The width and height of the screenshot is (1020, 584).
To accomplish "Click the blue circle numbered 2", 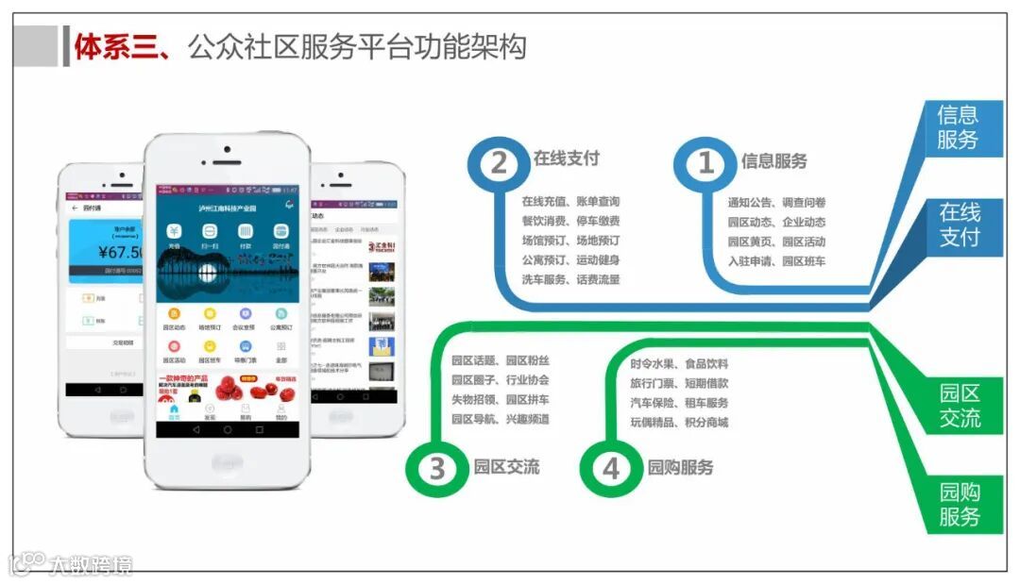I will coord(498,163).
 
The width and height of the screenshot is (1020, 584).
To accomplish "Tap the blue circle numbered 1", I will coord(705,163).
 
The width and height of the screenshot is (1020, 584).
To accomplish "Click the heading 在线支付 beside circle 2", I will coord(567,158).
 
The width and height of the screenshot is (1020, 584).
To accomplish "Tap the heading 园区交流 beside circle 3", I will coord(506,466).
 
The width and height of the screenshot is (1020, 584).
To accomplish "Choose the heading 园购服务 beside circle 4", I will coord(681,467).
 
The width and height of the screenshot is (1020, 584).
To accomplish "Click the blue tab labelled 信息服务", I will coord(957,127).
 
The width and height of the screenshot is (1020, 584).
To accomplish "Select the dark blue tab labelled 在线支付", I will coord(959,225).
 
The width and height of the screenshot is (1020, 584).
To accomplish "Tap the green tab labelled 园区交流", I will coord(960,406).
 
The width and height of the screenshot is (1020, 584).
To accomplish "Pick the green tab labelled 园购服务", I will coord(960,504).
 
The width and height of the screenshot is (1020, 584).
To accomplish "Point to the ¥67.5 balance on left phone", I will coord(121,252).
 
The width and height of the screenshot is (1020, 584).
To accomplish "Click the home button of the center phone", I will coord(227,462).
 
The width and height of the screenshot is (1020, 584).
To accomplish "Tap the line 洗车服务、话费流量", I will coord(570,279).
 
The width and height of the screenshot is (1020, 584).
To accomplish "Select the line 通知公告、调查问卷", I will coord(776,202).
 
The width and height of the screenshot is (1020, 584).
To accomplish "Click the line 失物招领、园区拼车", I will coord(500,400).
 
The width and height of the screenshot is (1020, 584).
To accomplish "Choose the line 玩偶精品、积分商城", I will coord(679,422).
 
